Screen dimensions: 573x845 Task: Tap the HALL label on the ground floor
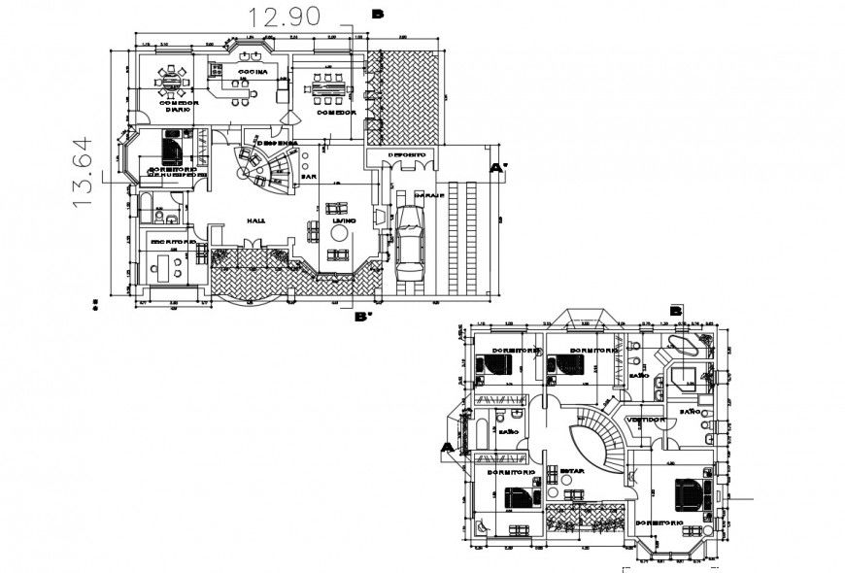256,221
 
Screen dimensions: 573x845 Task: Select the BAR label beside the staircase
309,178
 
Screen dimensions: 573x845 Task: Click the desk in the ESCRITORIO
165,265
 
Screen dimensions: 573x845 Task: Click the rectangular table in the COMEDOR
326,88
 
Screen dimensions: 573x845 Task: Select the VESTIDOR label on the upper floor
645,420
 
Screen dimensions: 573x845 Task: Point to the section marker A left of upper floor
447,448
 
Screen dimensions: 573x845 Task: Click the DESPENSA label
277,143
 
